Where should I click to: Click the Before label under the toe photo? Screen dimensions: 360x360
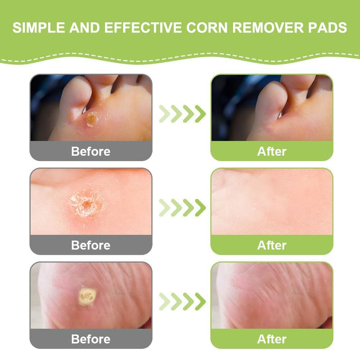pos(90,151)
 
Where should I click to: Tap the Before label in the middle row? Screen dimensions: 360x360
pos(90,245)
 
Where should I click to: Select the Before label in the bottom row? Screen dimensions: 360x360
pos(90,339)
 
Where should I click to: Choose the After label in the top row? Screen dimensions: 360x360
pos(272,151)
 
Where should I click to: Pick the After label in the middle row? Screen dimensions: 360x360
pos(272,245)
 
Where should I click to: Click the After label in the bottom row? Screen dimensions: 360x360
pos(272,339)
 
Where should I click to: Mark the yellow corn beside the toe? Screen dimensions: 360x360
pos(91,119)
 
